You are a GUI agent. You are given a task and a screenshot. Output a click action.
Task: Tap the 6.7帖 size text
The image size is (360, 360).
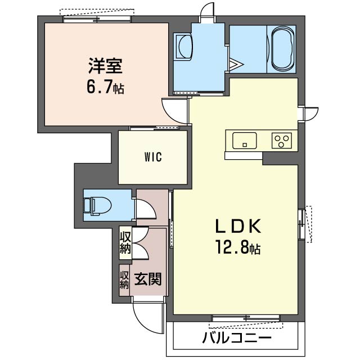(x=105, y=87)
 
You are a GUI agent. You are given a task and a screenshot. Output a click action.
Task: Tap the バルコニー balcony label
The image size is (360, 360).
(x=236, y=339)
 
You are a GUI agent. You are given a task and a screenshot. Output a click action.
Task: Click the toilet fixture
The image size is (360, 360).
(x=97, y=206)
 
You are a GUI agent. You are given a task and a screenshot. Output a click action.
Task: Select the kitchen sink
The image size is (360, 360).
(x=244, y=139)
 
